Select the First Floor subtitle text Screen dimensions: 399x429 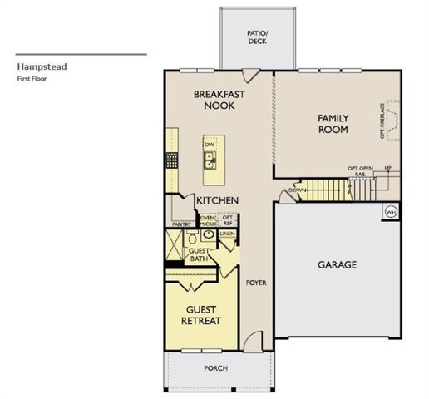31,77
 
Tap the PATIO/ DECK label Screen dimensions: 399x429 256,35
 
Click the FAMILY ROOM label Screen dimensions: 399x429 333,124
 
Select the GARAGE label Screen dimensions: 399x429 337,265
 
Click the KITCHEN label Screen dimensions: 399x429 218,201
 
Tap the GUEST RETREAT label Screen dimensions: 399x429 203,315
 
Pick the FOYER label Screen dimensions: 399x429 255,283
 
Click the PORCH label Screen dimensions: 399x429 215,368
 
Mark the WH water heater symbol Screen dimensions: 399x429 390,213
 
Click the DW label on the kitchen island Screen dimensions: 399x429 210,143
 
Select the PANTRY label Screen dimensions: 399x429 180,224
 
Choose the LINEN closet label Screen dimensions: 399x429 227,234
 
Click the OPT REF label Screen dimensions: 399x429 228,220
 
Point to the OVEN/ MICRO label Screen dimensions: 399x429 206,221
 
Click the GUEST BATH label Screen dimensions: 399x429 198,254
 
